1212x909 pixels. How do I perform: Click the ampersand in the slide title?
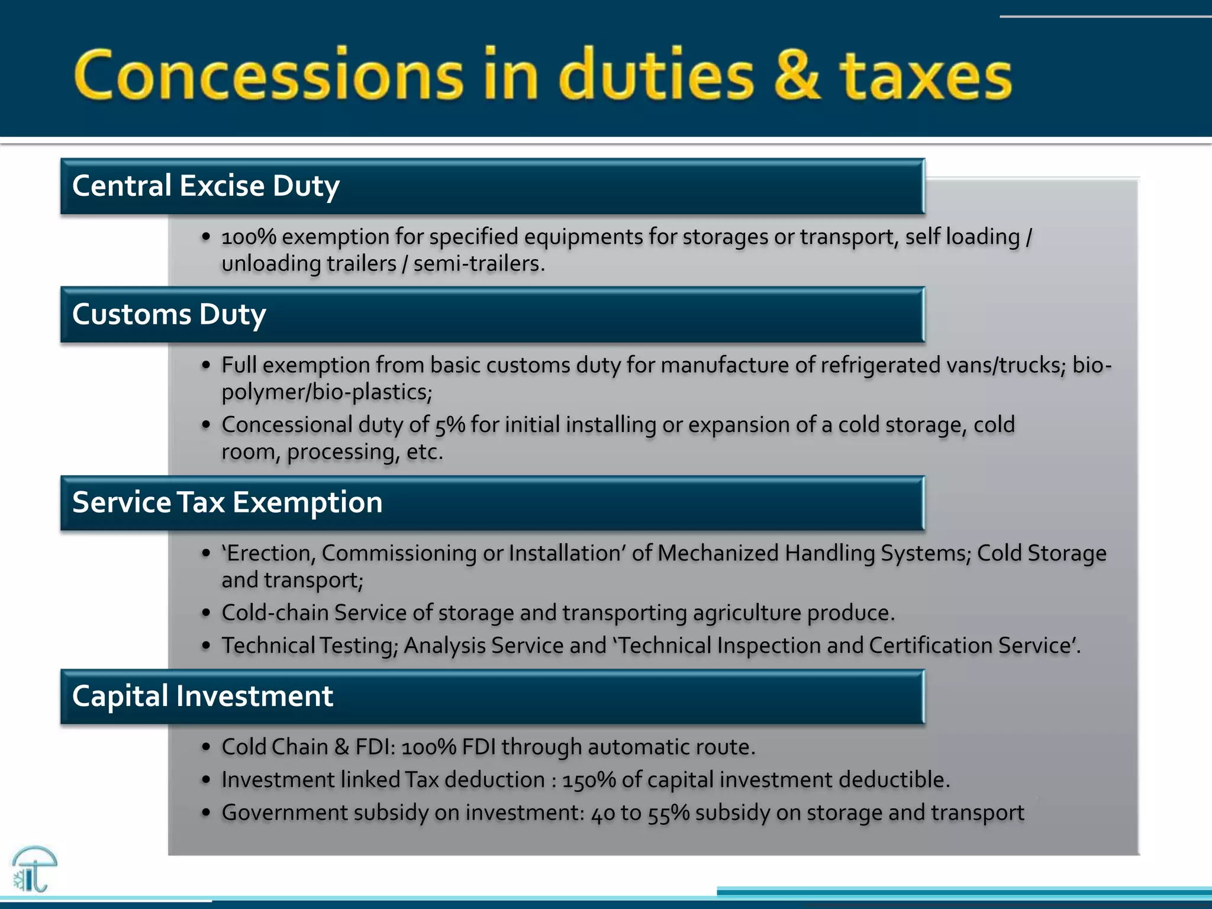pyautogui.click(x=797, y=76)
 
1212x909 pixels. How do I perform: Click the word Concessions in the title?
pyautogui.click(x=269, y=76)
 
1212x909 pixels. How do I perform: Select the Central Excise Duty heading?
pyautogui.click(x=205, y=186)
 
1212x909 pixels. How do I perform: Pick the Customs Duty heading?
pyautogui.click(x=169, y=314)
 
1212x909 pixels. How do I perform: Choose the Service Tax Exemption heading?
pyautogui.click(x=227, y=502)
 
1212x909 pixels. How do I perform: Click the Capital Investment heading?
pyautogui.click(x=202, y=696)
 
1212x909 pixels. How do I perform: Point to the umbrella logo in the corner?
pyautogui.click(x=34, y=869)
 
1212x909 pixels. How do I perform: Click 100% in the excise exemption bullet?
pyautogui.click(x=249, y=237)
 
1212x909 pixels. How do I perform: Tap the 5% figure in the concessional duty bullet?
pyautogui.click(x=450, y=425)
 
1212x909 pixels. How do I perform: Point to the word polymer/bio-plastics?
pyautogui.click(x=327, y=392)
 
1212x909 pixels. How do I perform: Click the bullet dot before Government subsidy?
pyautogui.click(x=206, y=813)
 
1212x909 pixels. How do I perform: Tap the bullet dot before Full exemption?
pyautogui.click(x=206, y=365)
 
